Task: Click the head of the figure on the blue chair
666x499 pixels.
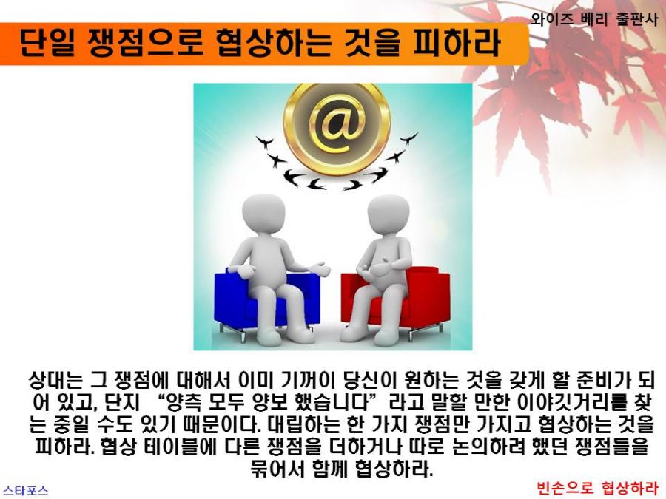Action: (263, 214)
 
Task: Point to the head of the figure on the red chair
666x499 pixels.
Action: (388, 215)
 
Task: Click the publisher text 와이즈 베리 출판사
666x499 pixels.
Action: (594, 19)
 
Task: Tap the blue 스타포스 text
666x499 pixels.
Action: (25, 491)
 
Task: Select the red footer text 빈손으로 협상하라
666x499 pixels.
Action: (596, 488)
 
